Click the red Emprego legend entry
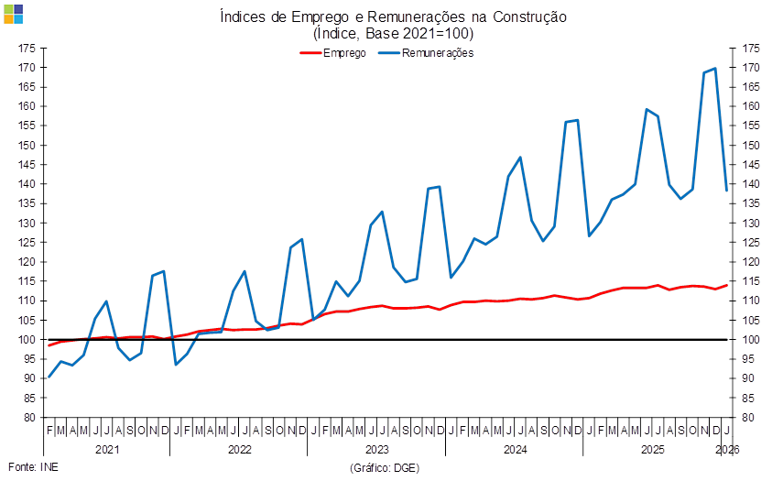click(334, 53)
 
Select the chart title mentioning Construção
click(393, 16)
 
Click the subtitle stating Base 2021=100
click(393, 34)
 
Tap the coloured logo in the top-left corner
click(13, 14)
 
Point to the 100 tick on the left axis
click(27, 339)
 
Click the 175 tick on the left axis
click(27, 48)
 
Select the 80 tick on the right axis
click(751, 417)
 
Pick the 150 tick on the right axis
click(751, 145)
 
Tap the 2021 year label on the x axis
click(107, 450)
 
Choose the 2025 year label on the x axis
click(652, 450)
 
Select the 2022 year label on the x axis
click(240, 450)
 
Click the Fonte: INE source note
click(32, 467)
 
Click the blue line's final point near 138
click(727, 191)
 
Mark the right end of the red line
click(727, 285)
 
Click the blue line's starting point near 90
click(49, 377)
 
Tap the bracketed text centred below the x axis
click(384, 467)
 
